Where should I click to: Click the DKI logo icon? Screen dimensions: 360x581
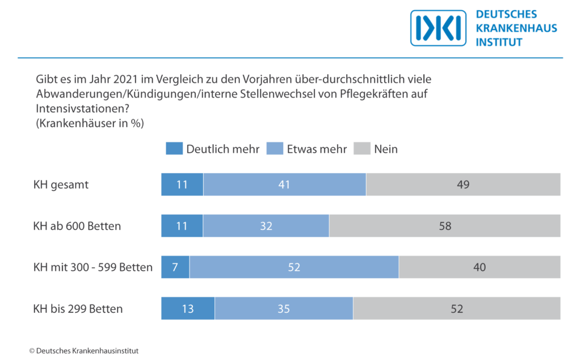click(438, 28)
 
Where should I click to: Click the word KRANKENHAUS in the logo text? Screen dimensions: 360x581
click(516, 28)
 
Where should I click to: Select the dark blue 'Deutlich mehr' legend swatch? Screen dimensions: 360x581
click(174, 149)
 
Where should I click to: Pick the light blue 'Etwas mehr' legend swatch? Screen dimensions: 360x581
click(275, 149)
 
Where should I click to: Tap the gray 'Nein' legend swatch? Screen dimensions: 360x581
click(361, 149)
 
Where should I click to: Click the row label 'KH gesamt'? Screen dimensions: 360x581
click(61, 185)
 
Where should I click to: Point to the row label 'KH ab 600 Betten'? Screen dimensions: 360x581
click(77, 226)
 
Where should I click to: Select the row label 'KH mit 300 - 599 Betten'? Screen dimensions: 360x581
click(93, 267)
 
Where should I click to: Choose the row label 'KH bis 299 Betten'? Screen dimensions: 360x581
click(78, 309)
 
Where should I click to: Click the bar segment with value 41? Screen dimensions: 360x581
click(284, 185)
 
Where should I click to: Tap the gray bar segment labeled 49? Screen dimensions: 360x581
click(463, 185)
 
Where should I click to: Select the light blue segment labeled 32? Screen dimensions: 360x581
click(266, 226)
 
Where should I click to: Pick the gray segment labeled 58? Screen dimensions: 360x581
click(445, 226)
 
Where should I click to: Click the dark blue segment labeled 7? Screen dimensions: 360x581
click(175, 267)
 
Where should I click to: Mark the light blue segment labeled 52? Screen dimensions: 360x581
click(294, 267)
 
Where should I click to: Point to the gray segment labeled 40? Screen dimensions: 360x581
click(479, 267)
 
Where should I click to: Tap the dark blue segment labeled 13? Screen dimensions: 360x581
click(188, 309)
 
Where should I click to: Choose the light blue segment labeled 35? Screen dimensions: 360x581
click(284, 309)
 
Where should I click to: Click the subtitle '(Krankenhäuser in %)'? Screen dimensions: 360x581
click(89, 123)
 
